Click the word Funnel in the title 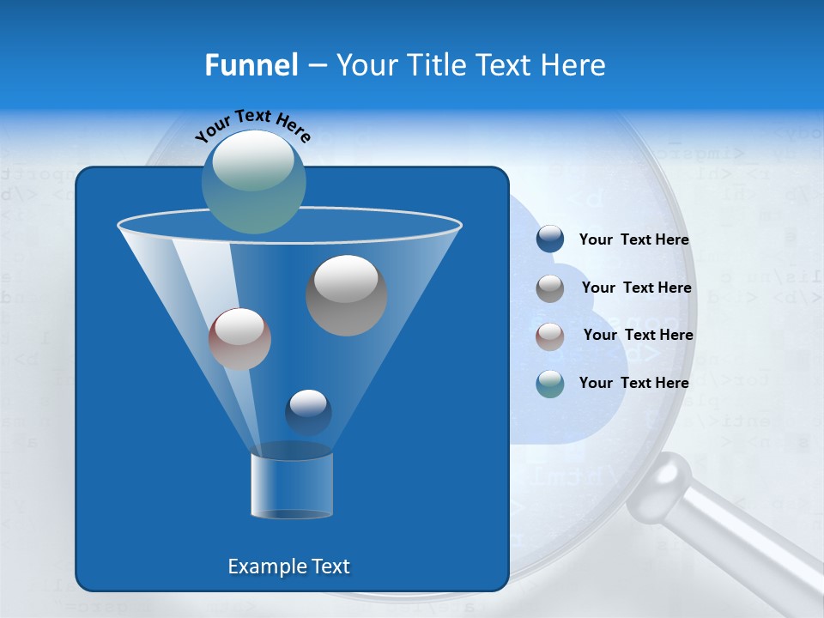click(x=251, y=65)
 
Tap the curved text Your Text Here click(x=252, y=124)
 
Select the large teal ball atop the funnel click(x=253, y=182)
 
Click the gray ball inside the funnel click(x=346, y=294)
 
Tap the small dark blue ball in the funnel click(x=308, y=412)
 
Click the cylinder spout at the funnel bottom click(x=292, y=485)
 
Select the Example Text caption click(x=288, y=566)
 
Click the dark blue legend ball click(x=550, y=239)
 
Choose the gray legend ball click(x=550, y=288)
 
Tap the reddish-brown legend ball click(x=550, y=336)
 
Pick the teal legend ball click(x=550, y=384)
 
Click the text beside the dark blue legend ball click(x=633, y=240)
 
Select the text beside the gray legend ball click(x=636, y=288)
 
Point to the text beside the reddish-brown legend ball click(x=638, y=335)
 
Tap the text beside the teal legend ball click(x=633, y=383)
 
